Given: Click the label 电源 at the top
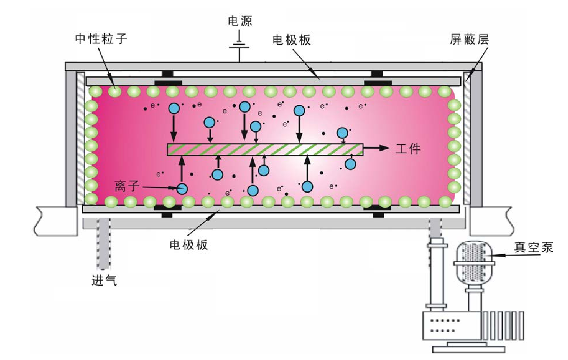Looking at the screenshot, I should click(240, 20).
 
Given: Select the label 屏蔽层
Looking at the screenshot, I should click(469, 40).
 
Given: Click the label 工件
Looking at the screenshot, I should click(407, 148).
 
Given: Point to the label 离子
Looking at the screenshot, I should click(127, 186).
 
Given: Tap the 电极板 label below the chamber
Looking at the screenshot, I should click(188, 245).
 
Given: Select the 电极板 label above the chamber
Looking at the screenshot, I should click(292, 40).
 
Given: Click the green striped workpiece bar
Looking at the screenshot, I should click(265, 150).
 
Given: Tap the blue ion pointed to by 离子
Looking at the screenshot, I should click(182, 189).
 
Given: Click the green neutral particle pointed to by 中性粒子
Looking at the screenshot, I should click(114, 91).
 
